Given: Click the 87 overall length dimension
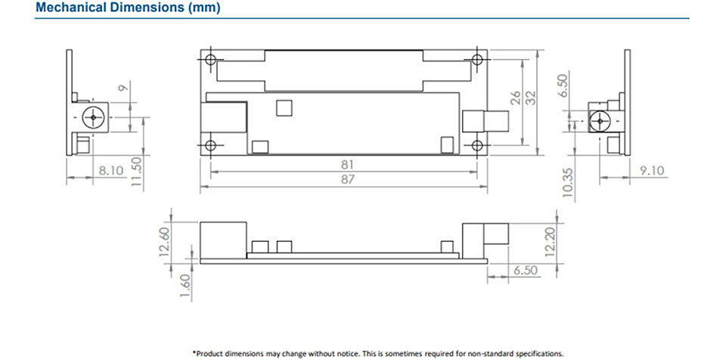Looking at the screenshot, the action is pos(347,180).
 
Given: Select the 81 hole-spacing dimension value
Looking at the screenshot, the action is pos(347,164).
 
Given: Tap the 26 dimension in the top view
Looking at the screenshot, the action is pos(515,98).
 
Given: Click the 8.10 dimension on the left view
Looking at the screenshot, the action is pos(111,170).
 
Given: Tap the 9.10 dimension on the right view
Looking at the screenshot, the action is pos(652,170).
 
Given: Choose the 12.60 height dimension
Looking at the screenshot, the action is pos(165,241).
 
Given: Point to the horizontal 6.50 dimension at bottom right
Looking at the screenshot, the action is pos(526,270).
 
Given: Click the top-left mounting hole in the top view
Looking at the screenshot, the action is pos(211,59).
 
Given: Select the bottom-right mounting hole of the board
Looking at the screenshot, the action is pos(477,145).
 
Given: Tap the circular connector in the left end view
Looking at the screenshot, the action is pos(94,118).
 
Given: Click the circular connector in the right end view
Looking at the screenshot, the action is pos(600,122).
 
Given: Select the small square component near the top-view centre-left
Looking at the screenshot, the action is pos(284,107).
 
